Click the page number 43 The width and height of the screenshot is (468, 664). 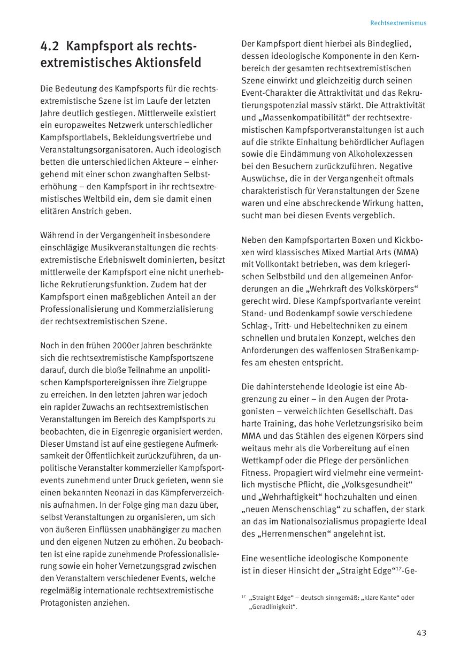(421, 633)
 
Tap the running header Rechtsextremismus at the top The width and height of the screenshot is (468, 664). (398, 23)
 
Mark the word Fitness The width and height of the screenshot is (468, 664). (255, 472)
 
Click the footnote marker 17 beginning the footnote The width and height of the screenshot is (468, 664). (243, 597)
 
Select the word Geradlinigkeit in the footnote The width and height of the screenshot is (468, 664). (272, 607)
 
